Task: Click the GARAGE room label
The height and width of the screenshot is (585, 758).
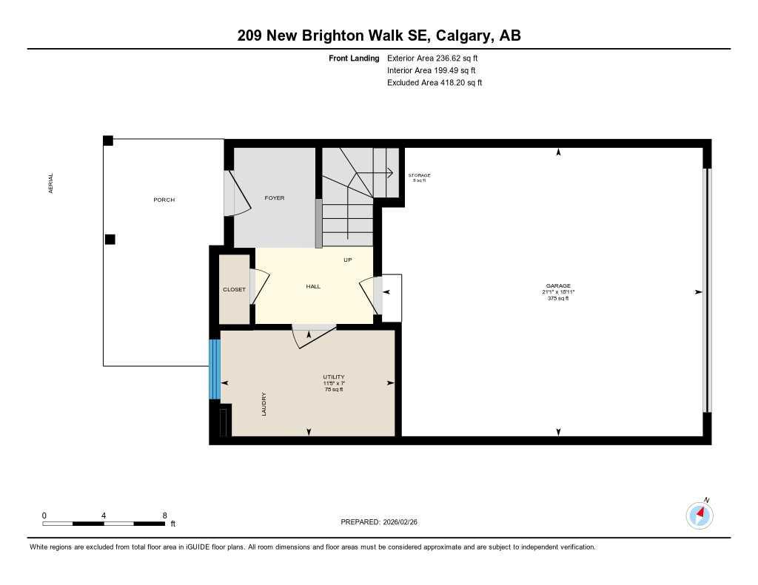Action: tap(558, 286)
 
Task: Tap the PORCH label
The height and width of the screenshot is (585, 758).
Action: tap(164, 200)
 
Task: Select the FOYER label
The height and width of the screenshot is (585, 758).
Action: tap(275, 198)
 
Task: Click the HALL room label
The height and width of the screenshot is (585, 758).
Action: tap(313, 286)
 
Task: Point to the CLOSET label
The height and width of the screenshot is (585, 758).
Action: tap(234, 290)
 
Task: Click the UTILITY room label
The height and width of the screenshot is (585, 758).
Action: tap(334, 377)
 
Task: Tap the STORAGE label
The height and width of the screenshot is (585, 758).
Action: tap(419, 175)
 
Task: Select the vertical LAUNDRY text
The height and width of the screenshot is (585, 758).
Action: tap(264, 404)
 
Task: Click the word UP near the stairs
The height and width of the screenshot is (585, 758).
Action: tap(347, 260)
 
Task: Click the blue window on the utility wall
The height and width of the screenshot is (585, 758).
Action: tap(215, 369)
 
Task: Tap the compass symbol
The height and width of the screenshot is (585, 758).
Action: tap(700, 515)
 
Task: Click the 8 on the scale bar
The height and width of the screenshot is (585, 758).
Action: tap(164, 515)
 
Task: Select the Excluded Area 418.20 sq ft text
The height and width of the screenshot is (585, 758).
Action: tap(435, 83)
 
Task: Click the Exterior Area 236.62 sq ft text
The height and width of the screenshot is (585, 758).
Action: tap(437, 58)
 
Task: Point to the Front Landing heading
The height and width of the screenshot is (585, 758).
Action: tap(354, 58)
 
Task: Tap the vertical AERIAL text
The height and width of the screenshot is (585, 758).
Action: tap(51, 184)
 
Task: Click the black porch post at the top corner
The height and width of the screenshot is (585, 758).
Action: tap(108, 141)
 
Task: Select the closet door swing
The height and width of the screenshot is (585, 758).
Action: tap(261, 286)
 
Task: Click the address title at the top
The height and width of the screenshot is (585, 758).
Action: tap(379, 35)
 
